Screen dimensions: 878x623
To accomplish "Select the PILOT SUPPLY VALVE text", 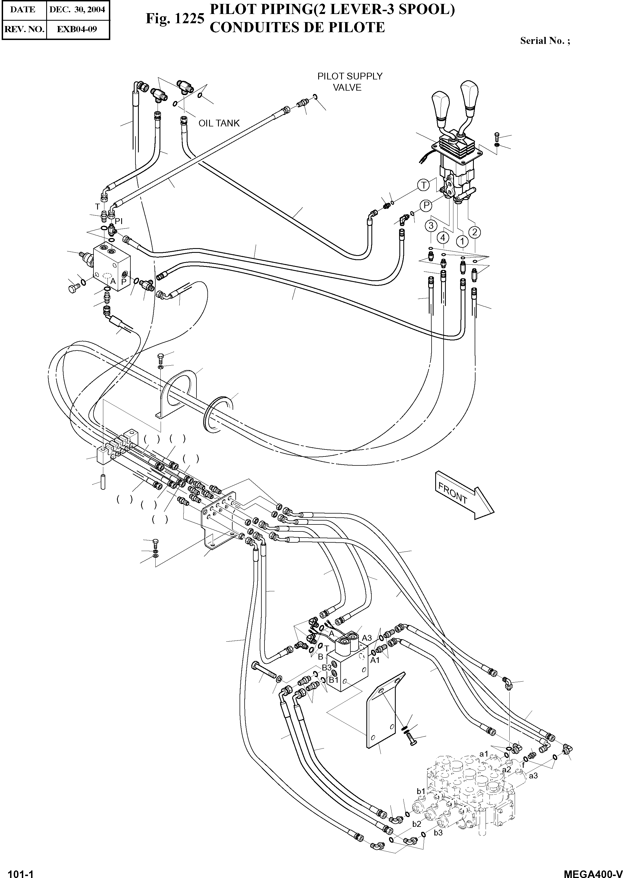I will [350, 82].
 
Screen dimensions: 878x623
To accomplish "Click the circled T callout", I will [423, 185].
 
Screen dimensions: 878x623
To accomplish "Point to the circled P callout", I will [426, 206].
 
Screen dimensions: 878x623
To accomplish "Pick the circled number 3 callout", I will [431, 226].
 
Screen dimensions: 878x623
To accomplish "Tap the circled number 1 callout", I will [462, 241].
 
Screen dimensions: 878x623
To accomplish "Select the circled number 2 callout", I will [475, 232].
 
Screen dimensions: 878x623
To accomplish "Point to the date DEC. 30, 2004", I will [77, 10].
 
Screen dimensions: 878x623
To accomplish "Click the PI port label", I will [119, 221].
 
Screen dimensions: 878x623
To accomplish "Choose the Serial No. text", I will [545, 41].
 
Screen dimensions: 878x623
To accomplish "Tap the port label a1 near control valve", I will [484, 754].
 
